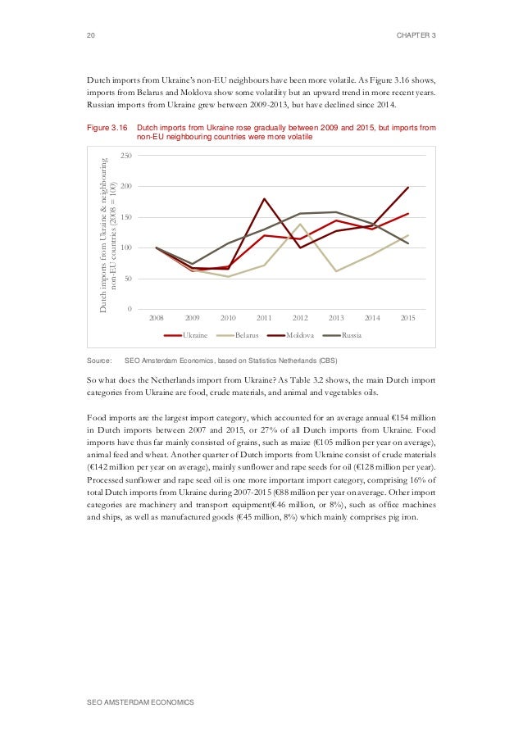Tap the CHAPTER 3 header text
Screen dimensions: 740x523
pos(415,34)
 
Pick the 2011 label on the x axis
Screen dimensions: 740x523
pos(264,317)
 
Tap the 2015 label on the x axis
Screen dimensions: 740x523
pos(407,317)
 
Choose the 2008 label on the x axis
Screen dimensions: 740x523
pos(156,317)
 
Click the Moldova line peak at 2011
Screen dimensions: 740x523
pos(264,198)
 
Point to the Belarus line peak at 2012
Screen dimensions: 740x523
pos(300,224)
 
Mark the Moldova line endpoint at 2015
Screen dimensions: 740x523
pos(408,188)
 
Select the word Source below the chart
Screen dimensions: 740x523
pos(98,361)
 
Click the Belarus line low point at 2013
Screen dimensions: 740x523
pos(336,271)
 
